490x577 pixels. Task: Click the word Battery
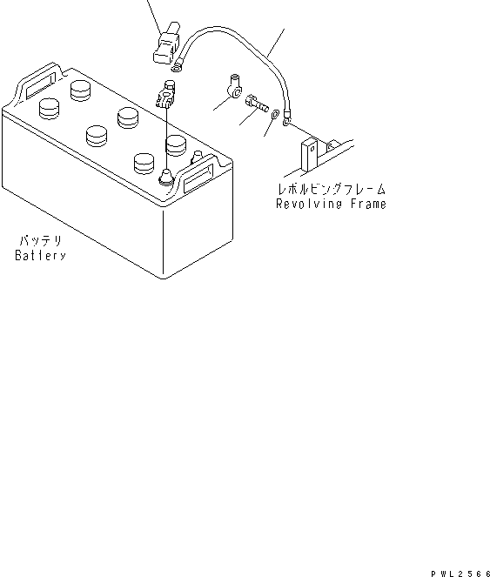pyautogui.click(x=40, y=257)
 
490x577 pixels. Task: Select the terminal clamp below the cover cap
pyautogui.click(x=167, y=95)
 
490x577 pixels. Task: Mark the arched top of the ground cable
pyautogui.click(x=235, y=30)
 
